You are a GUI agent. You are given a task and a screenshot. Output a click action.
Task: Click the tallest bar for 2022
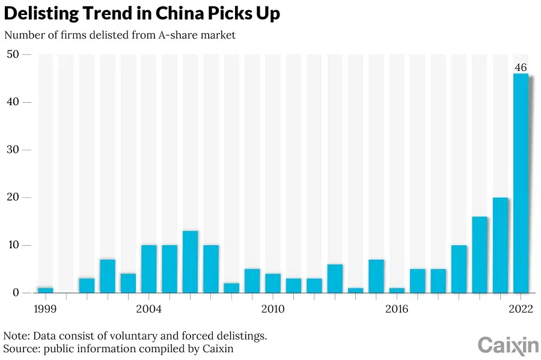pos(521,183)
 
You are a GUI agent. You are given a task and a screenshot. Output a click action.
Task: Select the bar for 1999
pos(46,290)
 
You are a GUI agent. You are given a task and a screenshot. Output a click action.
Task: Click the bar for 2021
pos(500,245)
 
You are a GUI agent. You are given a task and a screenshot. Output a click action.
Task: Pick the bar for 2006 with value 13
pos(190,262)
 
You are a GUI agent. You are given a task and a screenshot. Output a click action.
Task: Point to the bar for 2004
pos(149,269)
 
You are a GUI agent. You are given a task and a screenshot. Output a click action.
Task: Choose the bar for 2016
pos(397,290)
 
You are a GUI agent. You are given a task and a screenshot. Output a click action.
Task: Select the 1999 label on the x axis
pos(46,309)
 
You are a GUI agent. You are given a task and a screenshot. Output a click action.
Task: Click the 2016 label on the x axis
pos(397,309)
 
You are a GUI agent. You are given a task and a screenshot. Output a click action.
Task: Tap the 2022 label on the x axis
pos(521,309)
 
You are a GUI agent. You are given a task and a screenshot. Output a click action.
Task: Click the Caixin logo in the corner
pos(508,345)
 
